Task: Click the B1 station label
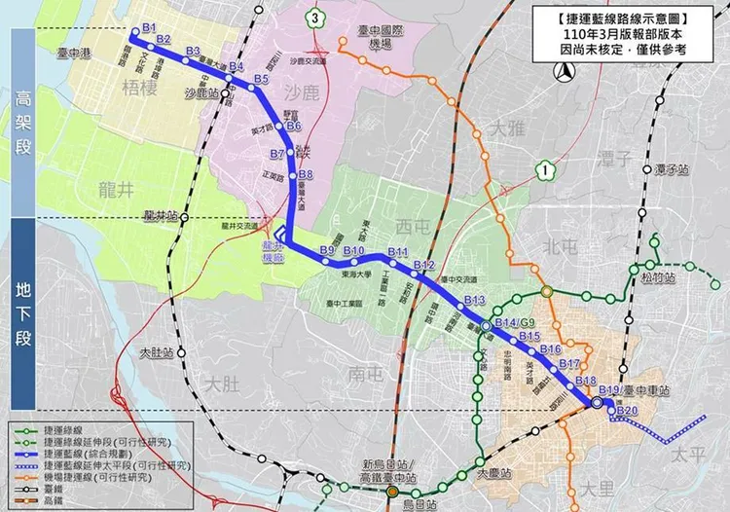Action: pos(149,26)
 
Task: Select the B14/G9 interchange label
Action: pos(515,323)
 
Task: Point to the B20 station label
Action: pos(627,411)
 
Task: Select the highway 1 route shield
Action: pos(546,170)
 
